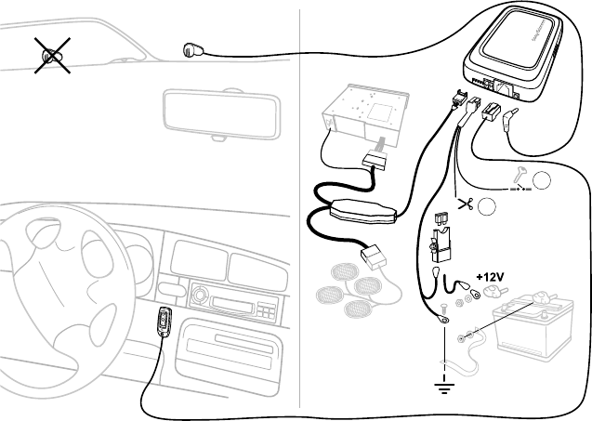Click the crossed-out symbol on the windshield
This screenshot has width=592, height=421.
click(x=52, y=56)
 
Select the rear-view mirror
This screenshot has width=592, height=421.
click(x=219, y=113)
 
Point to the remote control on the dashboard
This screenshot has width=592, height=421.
click(x=164, y=324)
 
